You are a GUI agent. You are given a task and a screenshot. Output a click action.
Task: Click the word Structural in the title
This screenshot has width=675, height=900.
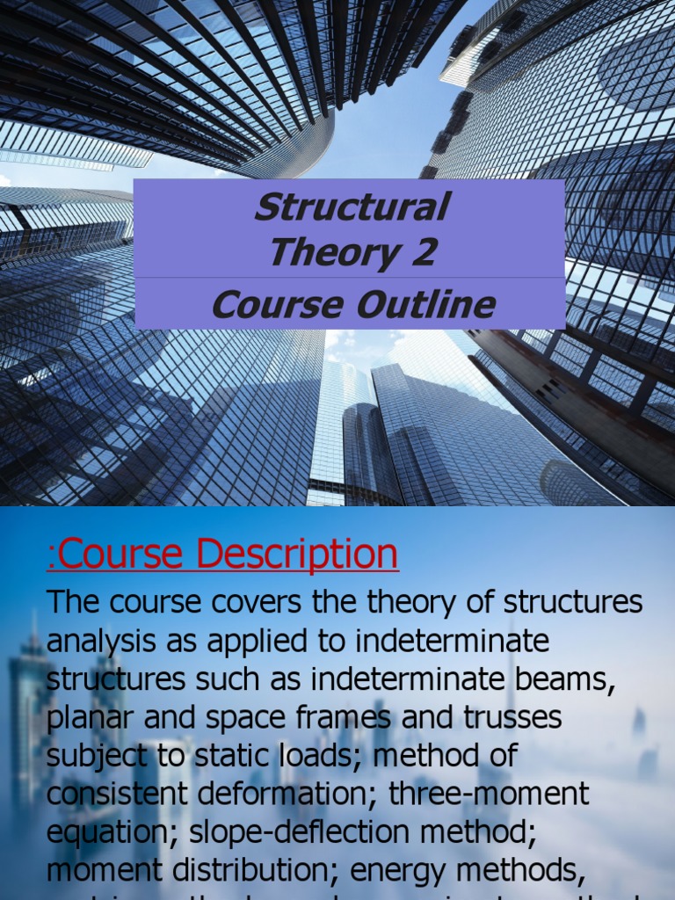351,207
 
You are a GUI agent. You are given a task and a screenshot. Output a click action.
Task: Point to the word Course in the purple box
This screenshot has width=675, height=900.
277,306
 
